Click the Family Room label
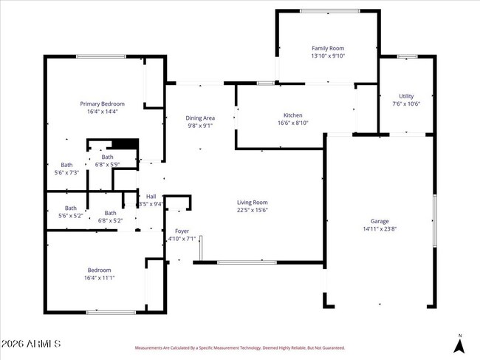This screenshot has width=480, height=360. [329, 48]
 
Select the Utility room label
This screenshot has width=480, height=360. [406, 96]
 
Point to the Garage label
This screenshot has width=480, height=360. [380, 221]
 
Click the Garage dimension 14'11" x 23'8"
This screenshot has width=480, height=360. [380, 229]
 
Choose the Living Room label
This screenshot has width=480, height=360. [252, 202]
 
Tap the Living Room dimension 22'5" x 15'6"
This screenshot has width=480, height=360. [252, 210]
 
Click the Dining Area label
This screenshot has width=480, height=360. [199, 118]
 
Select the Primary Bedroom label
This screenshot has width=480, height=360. [103, 103]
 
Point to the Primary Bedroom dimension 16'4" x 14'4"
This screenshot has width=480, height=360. [103, 112]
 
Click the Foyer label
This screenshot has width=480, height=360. [181, 231]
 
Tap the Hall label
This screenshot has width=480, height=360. [151, 196]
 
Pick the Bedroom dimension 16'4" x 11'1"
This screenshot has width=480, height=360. [100, 278]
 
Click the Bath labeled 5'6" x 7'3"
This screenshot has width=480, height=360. [66, 169]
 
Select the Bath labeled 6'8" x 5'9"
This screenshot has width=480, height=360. [108, 160]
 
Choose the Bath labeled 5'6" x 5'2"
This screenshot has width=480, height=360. [70, 211]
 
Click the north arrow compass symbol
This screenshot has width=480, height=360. [459, 344]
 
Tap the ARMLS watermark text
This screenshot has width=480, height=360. [31, 345]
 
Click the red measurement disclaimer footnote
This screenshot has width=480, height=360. [239, 347]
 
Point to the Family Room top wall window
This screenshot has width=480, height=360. [329, 10]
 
